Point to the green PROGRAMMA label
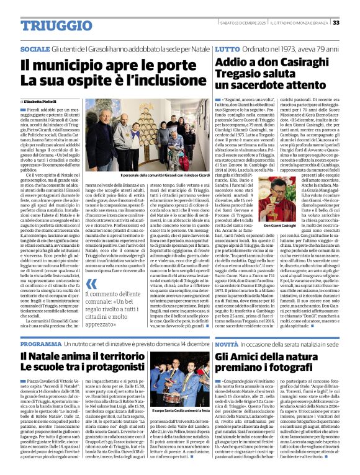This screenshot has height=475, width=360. click(x=40, y=343)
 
